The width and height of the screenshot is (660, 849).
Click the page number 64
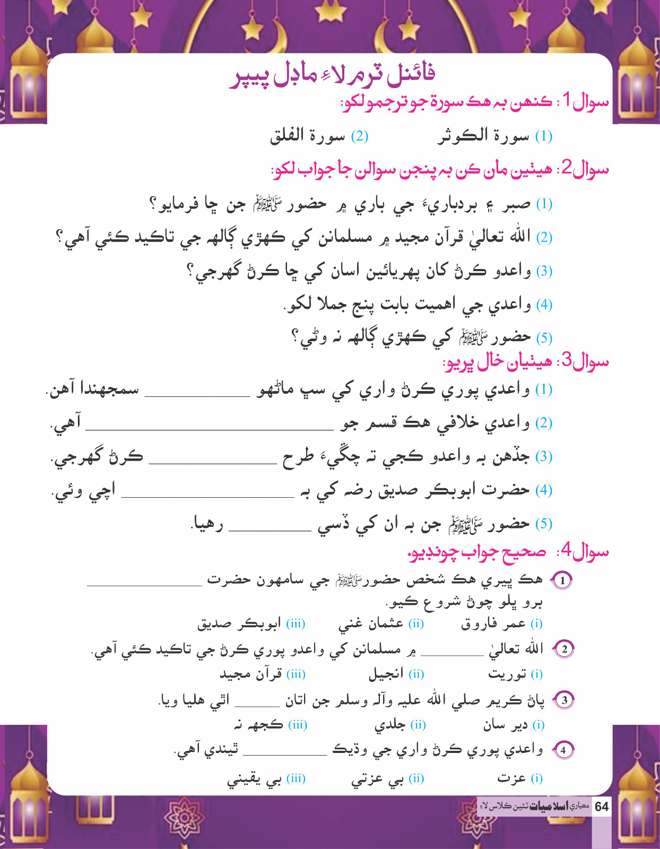602,807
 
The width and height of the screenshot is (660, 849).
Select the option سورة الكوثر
484,136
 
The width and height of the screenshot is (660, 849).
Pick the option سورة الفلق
308,136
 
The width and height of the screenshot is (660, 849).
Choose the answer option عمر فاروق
493,624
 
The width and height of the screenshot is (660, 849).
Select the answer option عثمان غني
371,624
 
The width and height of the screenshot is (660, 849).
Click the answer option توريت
507,674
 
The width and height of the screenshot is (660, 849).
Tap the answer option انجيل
386,674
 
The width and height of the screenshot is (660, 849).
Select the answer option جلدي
390,725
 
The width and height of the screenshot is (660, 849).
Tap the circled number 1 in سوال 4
563,581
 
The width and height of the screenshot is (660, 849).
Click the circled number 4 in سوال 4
563,750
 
